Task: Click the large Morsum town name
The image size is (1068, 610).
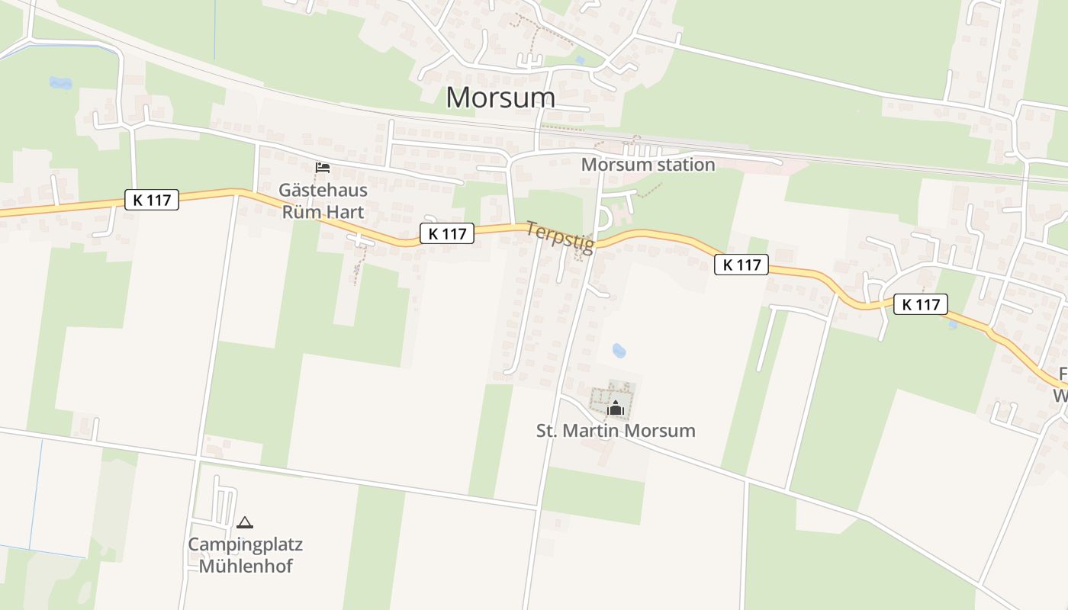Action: click(500, 98)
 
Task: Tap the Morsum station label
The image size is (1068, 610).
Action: click(648, 165)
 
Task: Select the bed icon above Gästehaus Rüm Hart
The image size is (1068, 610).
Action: click(323, 167)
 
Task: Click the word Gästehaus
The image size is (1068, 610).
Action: click(323, 190)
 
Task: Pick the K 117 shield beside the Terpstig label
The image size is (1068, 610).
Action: click(447, 233)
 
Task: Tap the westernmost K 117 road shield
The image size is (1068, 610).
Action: click(152, 200)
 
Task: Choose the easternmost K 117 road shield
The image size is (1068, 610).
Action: click(920, 304)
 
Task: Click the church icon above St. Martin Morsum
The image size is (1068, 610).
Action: click(616, 409)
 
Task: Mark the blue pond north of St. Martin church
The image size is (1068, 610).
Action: click(619, 351)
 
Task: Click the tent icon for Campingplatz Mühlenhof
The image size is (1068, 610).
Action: click(244, 522)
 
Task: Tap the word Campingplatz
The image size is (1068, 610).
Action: click(246, 544)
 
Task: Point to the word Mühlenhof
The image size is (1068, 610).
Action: click(246, 566)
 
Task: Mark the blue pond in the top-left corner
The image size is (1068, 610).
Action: click(60, 82)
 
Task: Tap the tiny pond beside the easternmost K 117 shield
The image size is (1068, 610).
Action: click(953, 324)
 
